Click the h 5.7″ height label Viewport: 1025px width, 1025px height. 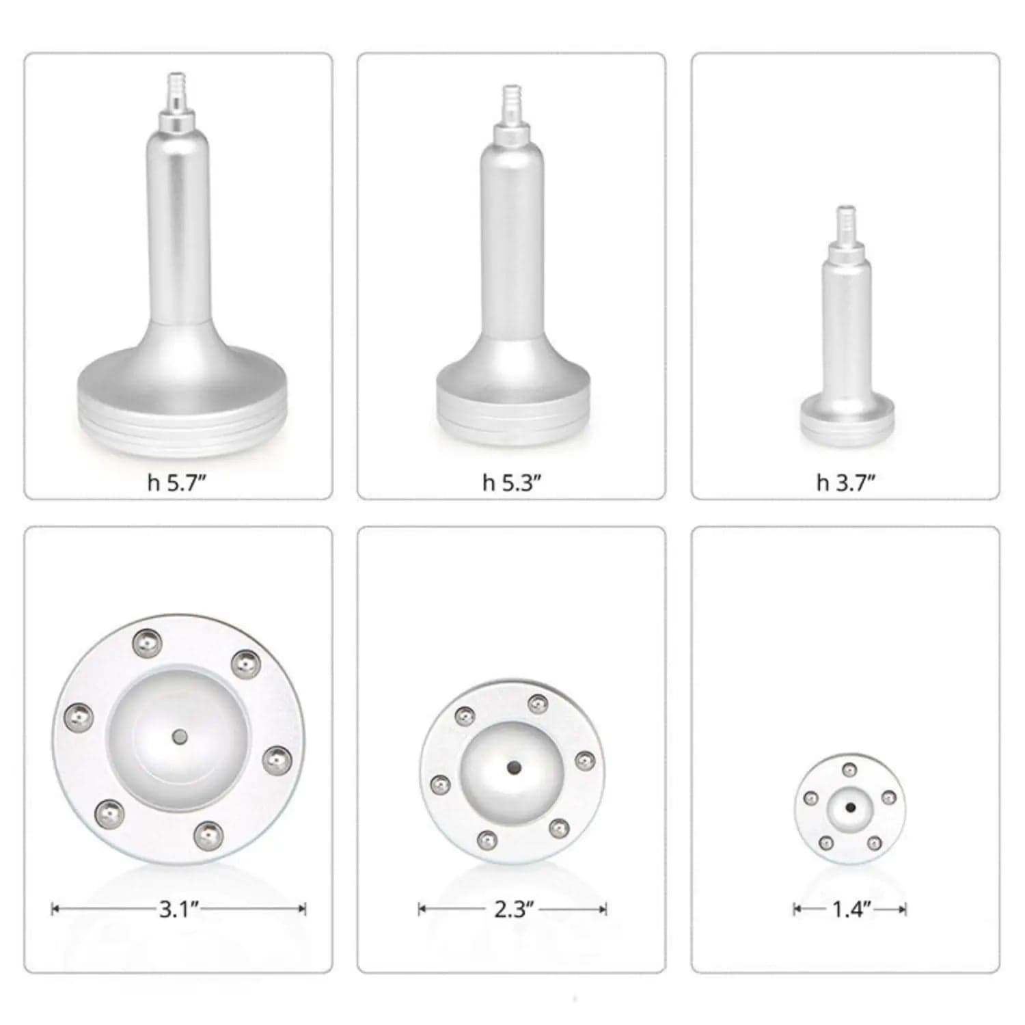177,483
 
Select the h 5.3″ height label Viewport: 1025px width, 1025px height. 512,483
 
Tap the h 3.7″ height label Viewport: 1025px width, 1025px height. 846,483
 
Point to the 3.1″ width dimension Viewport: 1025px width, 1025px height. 178,909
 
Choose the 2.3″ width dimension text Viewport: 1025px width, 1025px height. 513,909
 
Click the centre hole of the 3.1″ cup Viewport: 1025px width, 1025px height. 179,737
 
